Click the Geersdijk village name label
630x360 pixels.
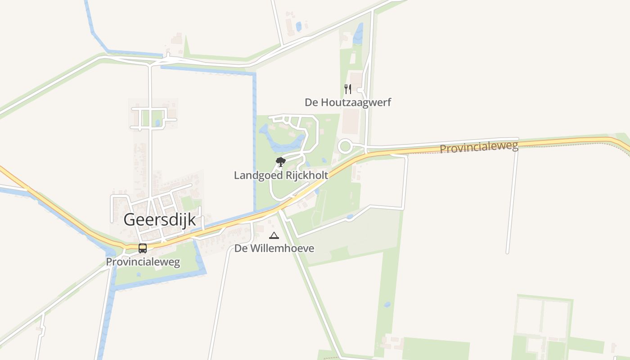coord(160,220)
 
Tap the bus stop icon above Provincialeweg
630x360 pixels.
coord(143,248)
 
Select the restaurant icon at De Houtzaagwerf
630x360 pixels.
coord(347,89)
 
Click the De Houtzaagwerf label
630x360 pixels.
coord(348,103)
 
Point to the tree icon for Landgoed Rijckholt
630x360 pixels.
coord(281,162)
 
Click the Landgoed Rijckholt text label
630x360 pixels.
coord(281,175)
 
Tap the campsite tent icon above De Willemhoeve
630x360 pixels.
coord(274,235)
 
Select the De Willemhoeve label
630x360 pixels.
coord(274,248)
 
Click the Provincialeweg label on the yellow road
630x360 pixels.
coord(479,147)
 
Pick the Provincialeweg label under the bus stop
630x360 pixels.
coord(143,262)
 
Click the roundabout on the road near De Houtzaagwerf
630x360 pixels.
coord(345,146)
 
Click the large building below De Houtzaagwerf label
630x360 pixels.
coord(351,121)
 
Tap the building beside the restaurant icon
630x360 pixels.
coord(356,81)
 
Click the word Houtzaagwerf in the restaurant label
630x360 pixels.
coord(355,103)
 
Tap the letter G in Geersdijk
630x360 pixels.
coord(129,220)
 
